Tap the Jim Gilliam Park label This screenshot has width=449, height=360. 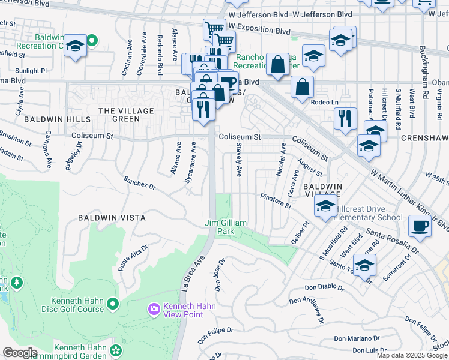[x=226, y=227]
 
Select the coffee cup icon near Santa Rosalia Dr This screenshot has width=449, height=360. [x=420, y=227]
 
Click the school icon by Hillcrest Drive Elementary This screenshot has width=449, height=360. [x=325, y=206]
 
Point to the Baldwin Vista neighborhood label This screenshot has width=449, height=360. [x=112, y=217]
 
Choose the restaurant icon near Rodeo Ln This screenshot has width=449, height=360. [x=345, y=118]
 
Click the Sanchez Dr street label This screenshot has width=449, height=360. [x=139, y=183]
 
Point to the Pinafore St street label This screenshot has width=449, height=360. [x=276, y=201]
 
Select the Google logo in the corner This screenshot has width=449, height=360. [x=20, y=353]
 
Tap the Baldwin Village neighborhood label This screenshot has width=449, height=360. [x=322, y=190]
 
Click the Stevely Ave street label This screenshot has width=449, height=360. [x=238, y=160]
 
